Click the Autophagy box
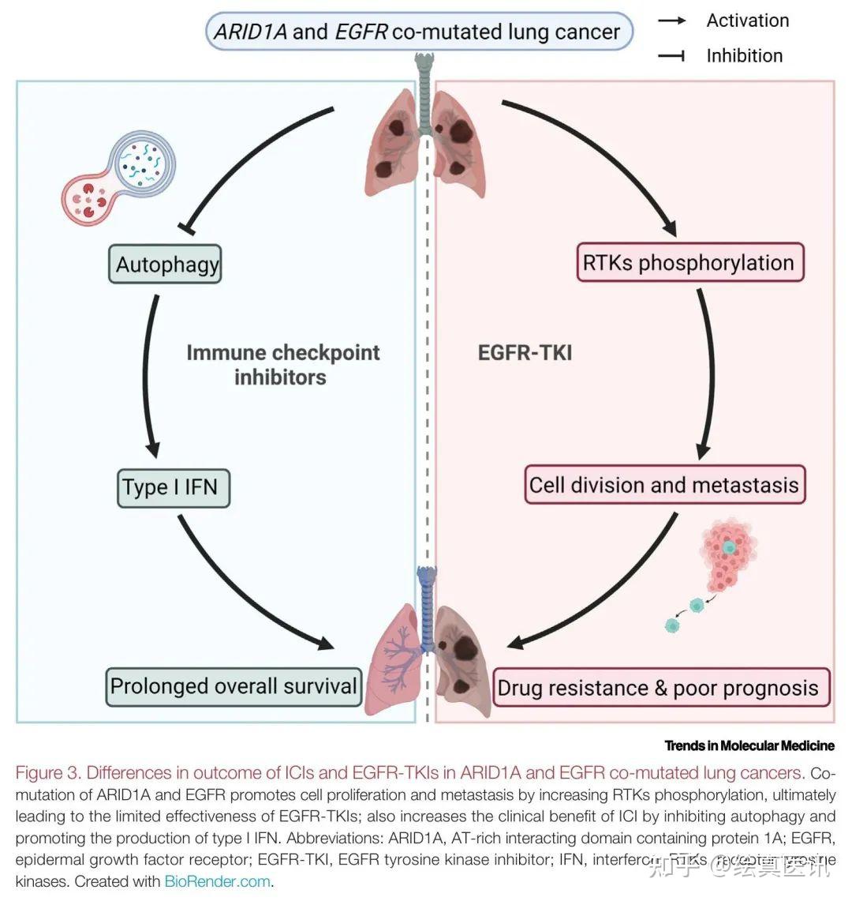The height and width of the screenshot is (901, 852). pos(166,264)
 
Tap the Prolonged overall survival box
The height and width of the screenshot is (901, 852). pos(234,685)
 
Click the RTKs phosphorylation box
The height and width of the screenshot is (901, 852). pos(689,262)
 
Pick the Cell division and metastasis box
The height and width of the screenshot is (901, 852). pos(664,484)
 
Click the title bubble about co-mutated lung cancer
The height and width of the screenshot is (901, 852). pos(418,32)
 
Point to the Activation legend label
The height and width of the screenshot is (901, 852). pos(747,21)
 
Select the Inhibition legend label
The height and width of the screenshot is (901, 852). pos(744,55)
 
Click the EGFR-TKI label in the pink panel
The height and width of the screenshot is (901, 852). pos(525,352)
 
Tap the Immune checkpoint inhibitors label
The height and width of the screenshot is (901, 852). pos(282,364)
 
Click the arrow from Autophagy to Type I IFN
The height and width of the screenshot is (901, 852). pos(147,371)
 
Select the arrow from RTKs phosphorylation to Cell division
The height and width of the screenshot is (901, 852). pos(708,371)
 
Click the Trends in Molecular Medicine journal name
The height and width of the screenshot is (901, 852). pos(749,745)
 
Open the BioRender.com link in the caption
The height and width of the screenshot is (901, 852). pos(218,881)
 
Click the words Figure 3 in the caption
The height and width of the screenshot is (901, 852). pos(49,772)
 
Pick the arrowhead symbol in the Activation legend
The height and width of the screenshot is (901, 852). pos(672,21)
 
